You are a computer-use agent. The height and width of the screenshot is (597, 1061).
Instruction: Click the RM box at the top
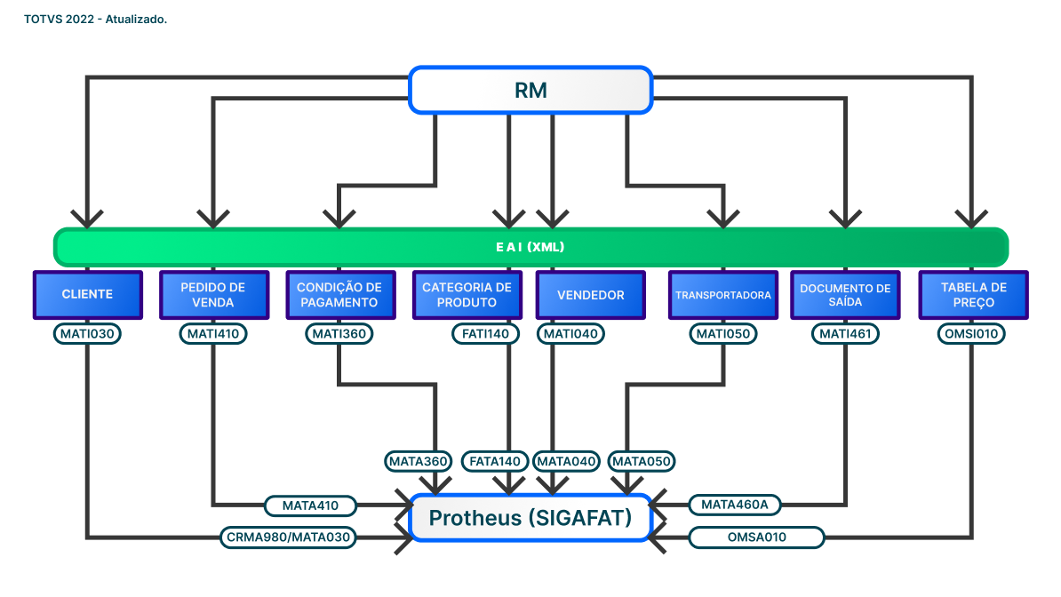[x=530, y=90]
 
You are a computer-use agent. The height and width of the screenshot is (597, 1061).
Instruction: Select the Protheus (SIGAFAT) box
[x=530, y=518]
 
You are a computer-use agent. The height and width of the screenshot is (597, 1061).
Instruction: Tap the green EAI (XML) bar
[x=530, y=247]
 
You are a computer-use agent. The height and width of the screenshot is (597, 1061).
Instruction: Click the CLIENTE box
[x=87, y=295]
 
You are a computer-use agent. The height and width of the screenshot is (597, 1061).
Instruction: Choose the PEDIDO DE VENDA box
[x=213, y=295]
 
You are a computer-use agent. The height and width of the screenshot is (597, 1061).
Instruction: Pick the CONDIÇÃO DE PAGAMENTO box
[x=339, y=295]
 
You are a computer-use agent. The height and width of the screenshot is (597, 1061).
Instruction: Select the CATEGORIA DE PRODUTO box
[x=467, y=295]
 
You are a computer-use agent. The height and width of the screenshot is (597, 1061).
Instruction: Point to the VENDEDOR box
[x=591, y=295]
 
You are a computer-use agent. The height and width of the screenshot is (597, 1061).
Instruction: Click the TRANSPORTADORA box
[x=723, y=295]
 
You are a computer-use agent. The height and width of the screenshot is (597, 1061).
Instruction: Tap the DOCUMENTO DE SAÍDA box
[x=845, y=295]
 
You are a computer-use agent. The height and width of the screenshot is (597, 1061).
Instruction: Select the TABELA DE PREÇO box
[x=972, y=295]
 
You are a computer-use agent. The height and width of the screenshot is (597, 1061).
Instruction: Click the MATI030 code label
[x=87, y=334]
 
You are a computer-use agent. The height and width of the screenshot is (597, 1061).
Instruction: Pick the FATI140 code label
[x=485, y=334]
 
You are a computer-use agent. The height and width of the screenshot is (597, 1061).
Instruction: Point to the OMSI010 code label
[x=971, y=334]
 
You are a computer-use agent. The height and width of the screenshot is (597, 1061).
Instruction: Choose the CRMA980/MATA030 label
[x=289, y=537]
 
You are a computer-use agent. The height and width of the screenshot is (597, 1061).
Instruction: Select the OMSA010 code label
[x=757, y=537]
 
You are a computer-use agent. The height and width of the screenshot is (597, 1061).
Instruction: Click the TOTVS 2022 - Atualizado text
[x=96, y=20]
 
